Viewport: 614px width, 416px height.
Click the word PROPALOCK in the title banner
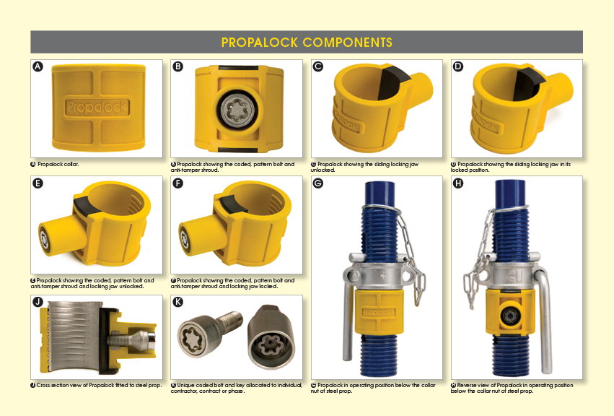[x=260, y=43]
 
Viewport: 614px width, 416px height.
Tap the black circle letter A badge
[x=38, y=66]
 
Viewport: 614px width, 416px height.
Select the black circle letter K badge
[x=178, y=302]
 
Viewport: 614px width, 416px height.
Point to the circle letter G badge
[x=318, y=183]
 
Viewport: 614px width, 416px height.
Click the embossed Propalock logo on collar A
[x=97, y=107]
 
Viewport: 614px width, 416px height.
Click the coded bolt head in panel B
[x=236, y=110]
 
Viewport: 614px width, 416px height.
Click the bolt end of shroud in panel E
[x=44, y=240]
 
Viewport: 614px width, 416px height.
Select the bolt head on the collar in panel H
[x=509, y=315]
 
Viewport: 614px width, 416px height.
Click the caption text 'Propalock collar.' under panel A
[x=58, y=164]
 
